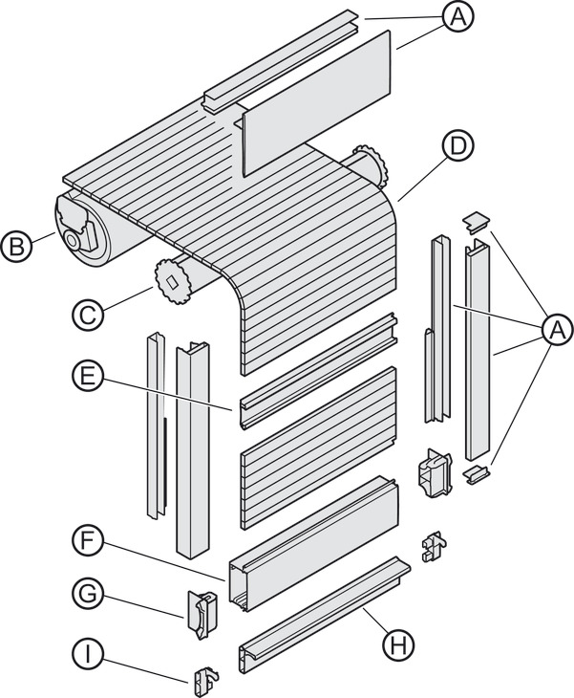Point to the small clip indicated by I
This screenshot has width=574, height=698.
pyautogui.click(x=205, y=680)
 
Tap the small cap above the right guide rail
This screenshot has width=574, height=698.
pyautogui.click(x=477, y=222)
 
